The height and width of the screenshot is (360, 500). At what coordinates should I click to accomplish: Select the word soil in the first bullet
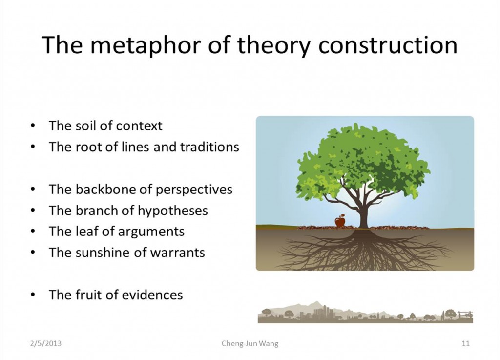(x=86, y=126)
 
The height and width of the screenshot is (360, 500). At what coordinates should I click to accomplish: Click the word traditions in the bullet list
(x=209, y=147)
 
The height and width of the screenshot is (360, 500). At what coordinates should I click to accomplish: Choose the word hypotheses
(x=172, y=211)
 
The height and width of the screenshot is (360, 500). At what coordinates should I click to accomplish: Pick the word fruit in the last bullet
(x=88, y=295)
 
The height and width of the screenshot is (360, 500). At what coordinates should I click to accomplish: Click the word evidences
(x=152, y=295)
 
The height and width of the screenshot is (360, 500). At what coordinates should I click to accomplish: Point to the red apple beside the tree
(x=340, y=221)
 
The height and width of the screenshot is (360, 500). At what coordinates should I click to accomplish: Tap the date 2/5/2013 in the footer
(x=45, y=343)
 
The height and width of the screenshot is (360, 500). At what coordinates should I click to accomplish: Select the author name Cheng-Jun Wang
(x=250, y=343)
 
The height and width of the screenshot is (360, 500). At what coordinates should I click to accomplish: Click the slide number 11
(x=465, y=343)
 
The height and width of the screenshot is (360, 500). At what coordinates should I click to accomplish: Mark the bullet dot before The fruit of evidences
(x=33, y=295)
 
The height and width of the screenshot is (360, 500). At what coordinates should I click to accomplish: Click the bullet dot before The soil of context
(x=33, y=126)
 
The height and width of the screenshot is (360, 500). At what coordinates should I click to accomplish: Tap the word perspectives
(x=194, y=190)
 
